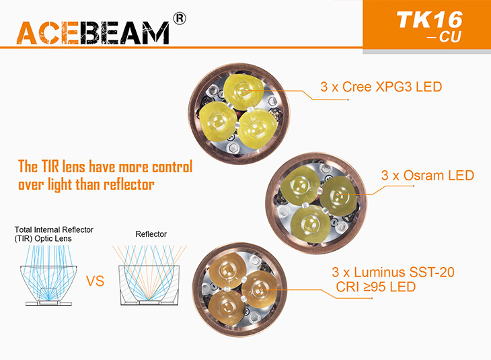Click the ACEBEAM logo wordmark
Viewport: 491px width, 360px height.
[93, 33]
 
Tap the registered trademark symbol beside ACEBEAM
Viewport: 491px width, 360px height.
[180, 18]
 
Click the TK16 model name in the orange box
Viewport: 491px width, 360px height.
[429, 20]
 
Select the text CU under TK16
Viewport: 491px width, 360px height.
[450, 37]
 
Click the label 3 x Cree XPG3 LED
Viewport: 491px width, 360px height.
[381, 87]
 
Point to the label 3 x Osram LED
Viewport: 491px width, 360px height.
[427, 176]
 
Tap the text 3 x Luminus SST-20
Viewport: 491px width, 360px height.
[393, 273]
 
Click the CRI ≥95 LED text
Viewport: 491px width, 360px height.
[376, 287]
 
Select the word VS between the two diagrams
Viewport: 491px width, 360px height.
[95, 281]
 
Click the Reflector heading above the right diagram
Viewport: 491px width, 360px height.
[151, 234]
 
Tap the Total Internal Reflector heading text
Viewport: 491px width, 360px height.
[54, 229]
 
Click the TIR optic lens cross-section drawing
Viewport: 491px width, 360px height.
[48, 276]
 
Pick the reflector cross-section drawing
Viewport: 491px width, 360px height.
[149, 275]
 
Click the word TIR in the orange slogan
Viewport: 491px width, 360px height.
[50, 166]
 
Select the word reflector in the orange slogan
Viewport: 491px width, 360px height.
[128, 184]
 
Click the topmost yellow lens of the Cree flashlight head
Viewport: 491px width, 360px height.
[243, 92]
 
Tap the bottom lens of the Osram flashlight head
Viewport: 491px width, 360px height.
[310, 224]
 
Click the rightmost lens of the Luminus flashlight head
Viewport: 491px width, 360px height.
[260, 289]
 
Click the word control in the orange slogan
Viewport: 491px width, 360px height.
[172, 167]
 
